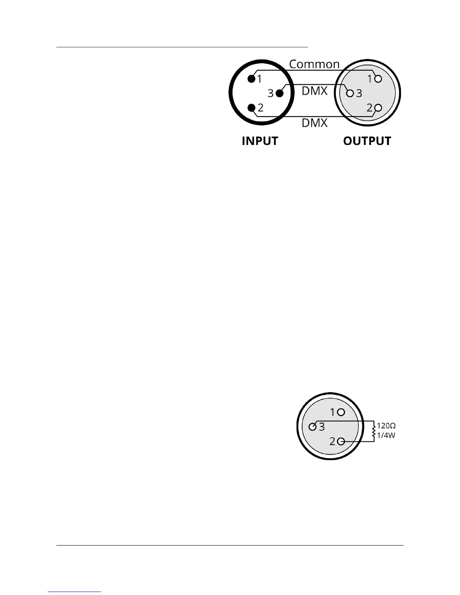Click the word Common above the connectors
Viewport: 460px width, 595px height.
[x=314, y=64]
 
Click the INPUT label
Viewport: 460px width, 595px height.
[x=260, y=141]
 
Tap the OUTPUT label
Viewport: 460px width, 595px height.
[x=367, y=141]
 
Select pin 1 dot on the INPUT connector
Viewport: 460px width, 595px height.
[x=251, y=79]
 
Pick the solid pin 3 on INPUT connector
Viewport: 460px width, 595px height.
[x=280, y=93]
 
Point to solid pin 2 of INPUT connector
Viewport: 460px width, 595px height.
[x=251, y=108]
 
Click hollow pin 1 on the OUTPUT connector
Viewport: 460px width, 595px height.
[x=378, y=79]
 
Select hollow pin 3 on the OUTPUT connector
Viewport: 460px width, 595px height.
[x=350, y=93]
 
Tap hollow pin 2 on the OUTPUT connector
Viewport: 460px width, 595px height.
[x=378, y=108]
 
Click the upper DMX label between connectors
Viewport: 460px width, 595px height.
[x=315, y=91]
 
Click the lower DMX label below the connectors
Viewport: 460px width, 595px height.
[x=315, y=123]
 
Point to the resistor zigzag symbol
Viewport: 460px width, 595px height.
[x=374, y=431]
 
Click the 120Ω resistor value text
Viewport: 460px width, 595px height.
[x=386, y=426]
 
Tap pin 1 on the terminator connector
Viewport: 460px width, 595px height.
[x=341, y=412]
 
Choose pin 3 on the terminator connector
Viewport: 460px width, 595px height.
[x=312, y=427]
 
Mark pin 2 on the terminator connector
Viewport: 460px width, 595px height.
[x=341, y=441]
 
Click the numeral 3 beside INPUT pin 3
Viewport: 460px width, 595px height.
[x=270, y=93]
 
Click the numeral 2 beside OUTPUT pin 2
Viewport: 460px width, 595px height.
[x=370, y=108]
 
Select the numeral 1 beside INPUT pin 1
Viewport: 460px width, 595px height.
[x=259, y=79]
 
